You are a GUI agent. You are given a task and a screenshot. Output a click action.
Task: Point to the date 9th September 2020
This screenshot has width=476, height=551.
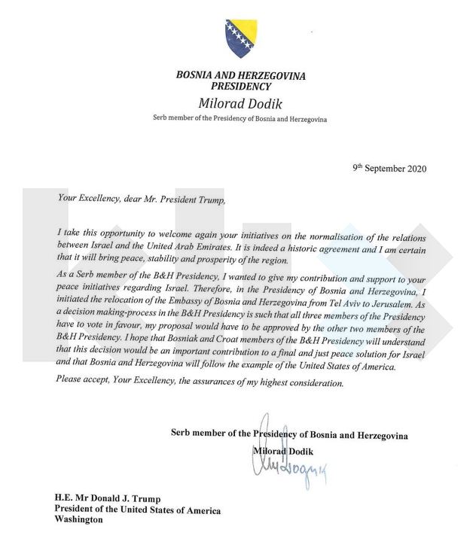[389, 169]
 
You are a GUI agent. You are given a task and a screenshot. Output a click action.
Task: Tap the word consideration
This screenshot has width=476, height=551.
[314, 384]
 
